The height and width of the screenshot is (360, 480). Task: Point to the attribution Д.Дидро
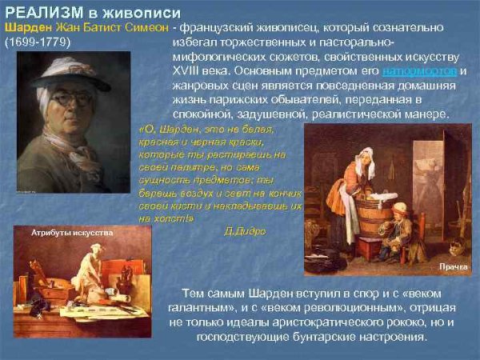[x=246, y=230]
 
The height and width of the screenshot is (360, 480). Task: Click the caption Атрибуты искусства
[x=72, y=232]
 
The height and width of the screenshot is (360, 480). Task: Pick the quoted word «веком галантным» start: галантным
[x=203, y=308]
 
